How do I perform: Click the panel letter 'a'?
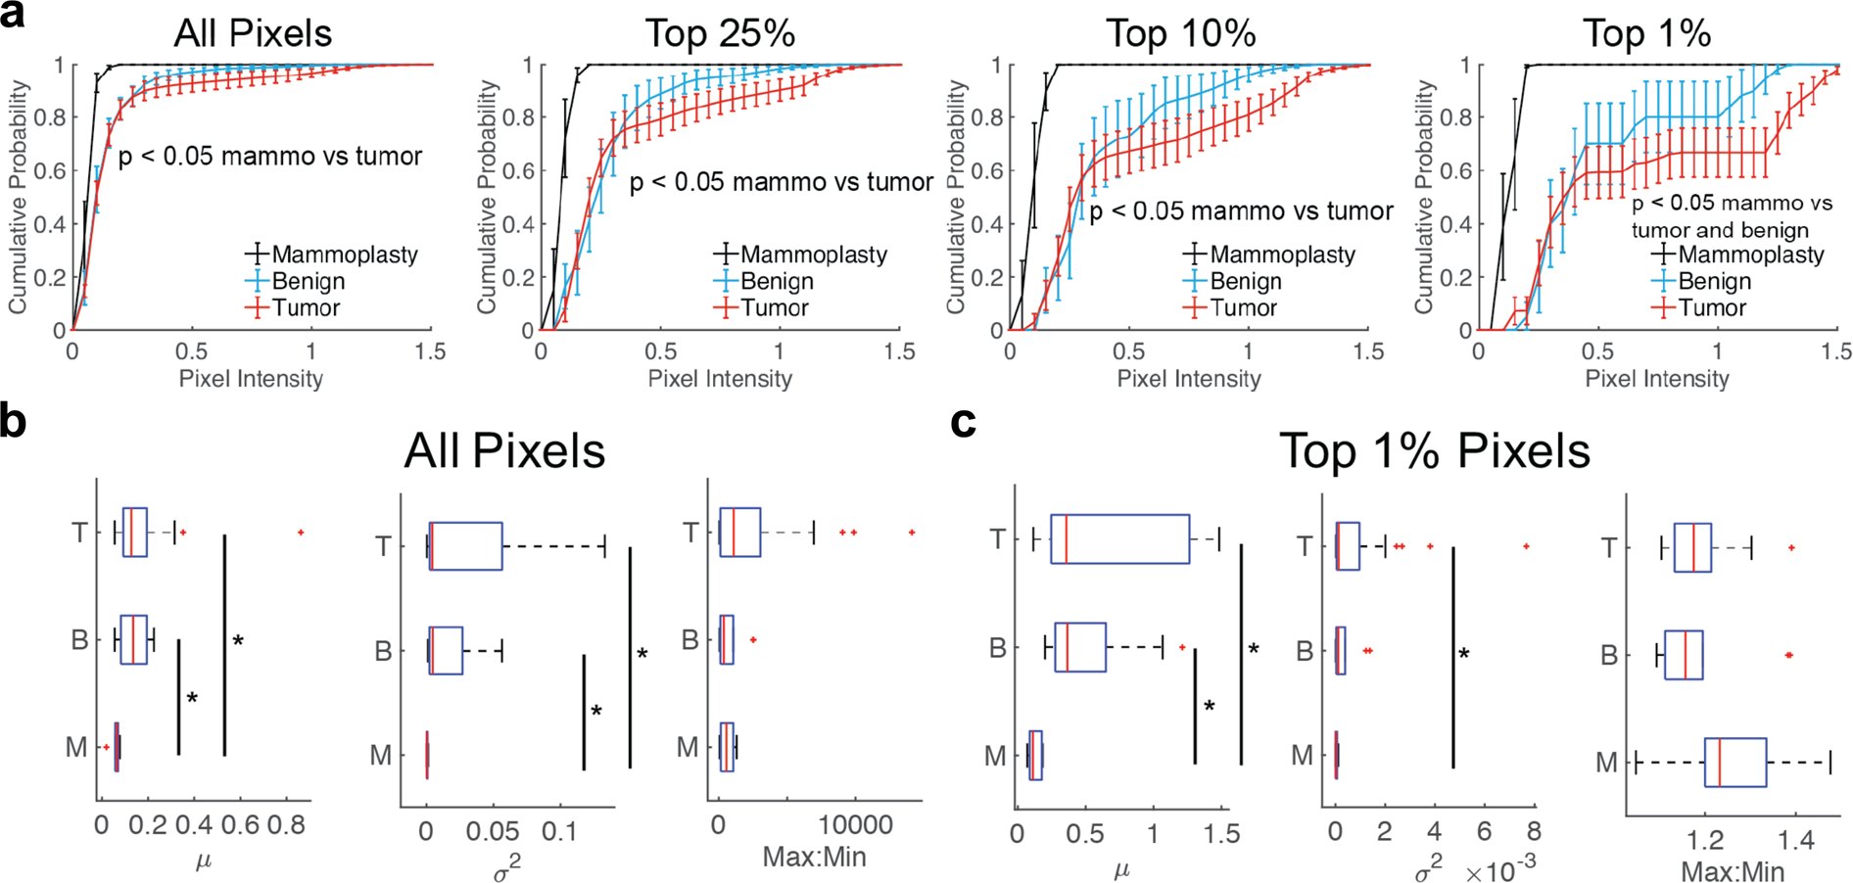(x=14, y=17)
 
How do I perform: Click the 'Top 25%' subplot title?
(x=719, y=34)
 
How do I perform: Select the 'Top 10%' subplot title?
(x=1180, y=34)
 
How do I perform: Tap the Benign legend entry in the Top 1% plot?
(x=1714, y=282)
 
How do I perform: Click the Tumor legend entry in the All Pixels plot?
(x=306, y=308)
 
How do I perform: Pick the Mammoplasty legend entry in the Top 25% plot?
(x=813, y=255)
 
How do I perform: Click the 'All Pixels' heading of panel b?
(x=504, y=451)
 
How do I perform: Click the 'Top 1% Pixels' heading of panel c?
(x=1434, y=451)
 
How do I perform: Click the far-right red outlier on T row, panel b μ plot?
(x=301, y=533)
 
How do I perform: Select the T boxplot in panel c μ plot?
(x=1119, y=538)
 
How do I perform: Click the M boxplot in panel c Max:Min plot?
(x=1734, y=763)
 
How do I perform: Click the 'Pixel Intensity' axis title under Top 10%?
(x=1188, y=379)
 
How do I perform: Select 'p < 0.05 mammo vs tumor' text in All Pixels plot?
(x=270, y=157)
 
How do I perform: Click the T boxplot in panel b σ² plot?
(x=465, y=546)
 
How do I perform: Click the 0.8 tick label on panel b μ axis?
(x=286, y=825)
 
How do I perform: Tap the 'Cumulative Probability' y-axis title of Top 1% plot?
(x=1423, y=196)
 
